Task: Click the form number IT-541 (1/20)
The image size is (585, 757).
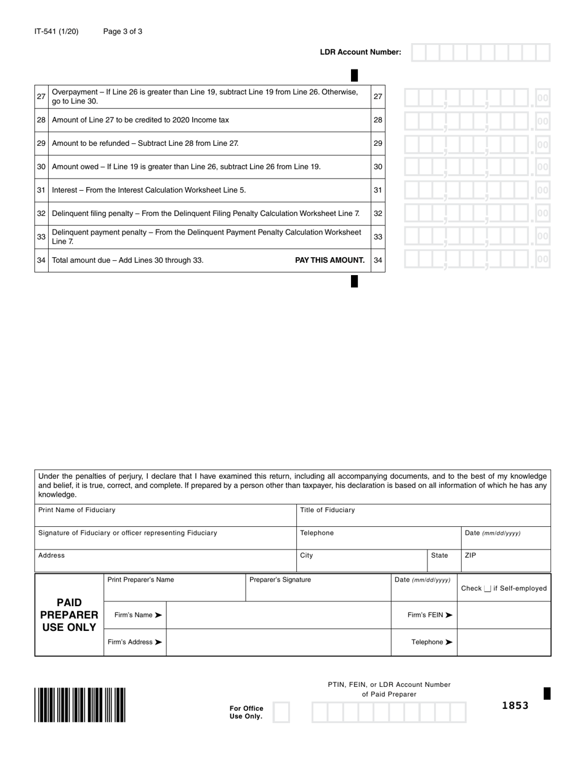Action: click(56, 31)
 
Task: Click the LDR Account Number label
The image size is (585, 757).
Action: click(360, 52)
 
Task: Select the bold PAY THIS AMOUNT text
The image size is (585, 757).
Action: click(330, 260)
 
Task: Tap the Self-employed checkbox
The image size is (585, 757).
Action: click(487, 589)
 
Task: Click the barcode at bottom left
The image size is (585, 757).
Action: click(80, 705)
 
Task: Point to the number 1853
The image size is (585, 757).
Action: click(515, 705)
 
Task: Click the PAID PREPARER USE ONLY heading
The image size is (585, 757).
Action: click(69, 615)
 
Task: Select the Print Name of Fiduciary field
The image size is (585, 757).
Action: click(165, 515)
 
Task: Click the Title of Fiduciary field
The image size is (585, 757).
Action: click(423, 515)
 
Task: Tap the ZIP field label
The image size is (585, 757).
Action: click(470, 555)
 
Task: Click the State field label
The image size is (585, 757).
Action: click(440, 555)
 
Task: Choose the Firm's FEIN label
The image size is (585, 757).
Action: click(430, 615)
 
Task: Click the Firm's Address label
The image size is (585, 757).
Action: click(134, 642)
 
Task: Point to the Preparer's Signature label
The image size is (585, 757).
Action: click(280, 580)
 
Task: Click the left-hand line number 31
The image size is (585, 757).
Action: click(41, 190)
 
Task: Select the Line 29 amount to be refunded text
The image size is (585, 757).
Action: click(145, 143)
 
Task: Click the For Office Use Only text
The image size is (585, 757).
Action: click(246, 712)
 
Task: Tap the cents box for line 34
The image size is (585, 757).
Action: click(542, 260)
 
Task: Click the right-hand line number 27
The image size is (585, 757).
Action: click(378, 97)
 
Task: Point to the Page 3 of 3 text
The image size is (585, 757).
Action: click(123, 31)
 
